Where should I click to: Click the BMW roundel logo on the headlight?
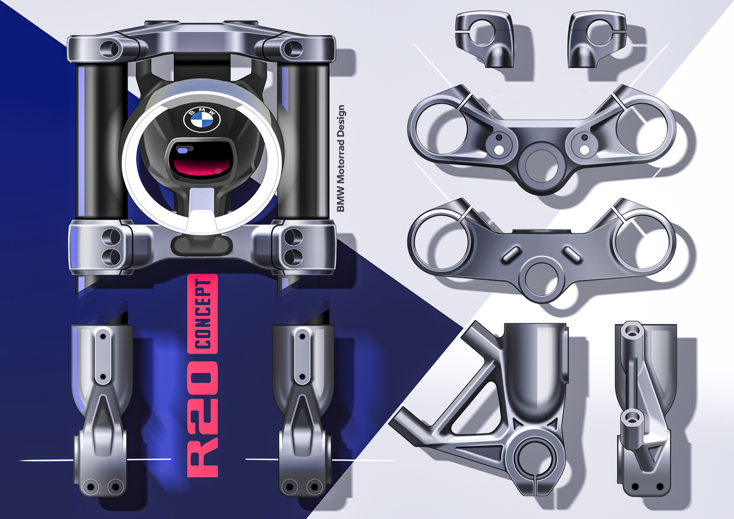pos(201,119)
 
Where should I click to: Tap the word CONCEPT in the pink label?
pos(202,314)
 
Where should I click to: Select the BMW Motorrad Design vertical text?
pos(341,158)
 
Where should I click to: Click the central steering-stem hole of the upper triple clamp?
pos(541,166)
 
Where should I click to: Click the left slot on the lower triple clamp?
pos(511,254)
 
